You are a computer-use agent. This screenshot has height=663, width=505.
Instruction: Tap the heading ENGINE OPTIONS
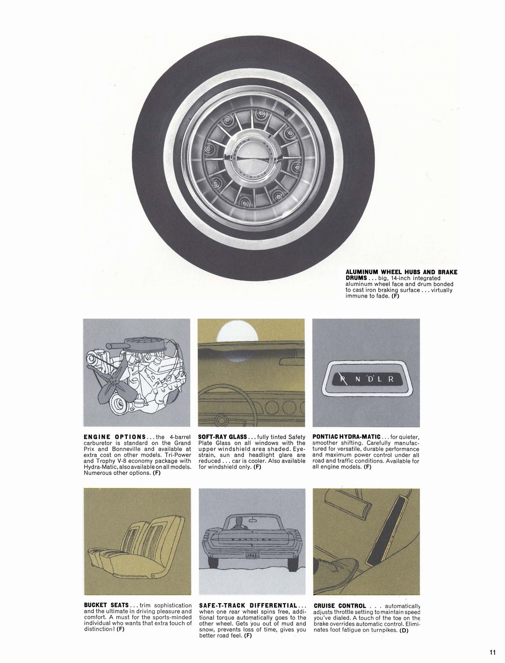pyautogui.click(x=114, y=437)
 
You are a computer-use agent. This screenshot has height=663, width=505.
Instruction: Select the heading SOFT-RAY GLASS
pyautogui.click(x=223, y=437)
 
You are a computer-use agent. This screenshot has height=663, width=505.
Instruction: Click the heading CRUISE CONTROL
pyautogui.click(x=340, y=606)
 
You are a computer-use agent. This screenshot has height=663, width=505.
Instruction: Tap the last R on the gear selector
pyautogui.click(x=390, y=379)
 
